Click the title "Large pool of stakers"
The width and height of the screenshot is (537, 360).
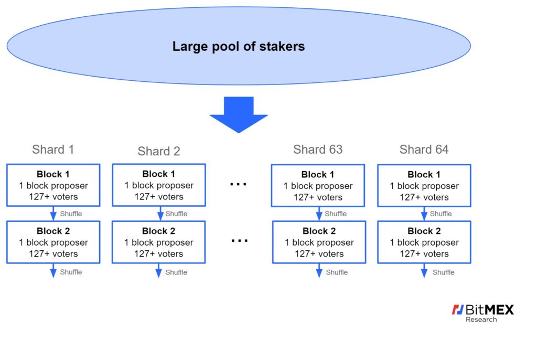[239, 46]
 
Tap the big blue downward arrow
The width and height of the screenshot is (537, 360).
[239, 115]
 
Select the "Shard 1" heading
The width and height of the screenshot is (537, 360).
[53, 150]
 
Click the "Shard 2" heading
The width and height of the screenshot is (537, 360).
[159, 151]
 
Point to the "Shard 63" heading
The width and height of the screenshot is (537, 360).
[318, 150]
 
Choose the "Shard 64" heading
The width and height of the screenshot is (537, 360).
[424, 150]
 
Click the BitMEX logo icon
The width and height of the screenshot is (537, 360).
[457, 310]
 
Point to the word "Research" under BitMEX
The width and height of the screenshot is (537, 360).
[481, 320]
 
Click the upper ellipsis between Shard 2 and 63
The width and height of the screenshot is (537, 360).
[239, 184]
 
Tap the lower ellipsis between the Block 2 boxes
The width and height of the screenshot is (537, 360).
[239, 241]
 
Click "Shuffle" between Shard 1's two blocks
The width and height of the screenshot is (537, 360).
[71, 214]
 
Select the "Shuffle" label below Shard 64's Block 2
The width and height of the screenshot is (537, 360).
[444, 272]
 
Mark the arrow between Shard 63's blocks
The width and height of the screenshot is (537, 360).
[319, 214]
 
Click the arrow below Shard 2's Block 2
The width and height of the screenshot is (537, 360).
[158, 270]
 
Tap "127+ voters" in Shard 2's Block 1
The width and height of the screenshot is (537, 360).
[159, 197]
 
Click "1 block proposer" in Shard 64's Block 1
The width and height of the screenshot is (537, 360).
[424, 186]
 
